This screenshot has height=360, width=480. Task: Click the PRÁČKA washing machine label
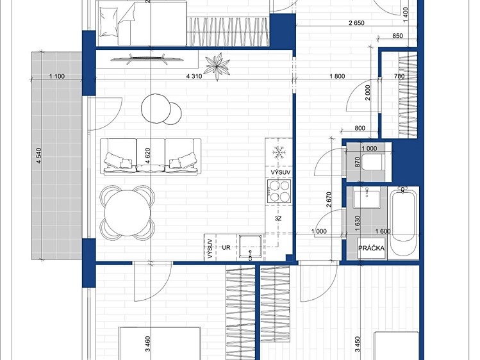click(x=371, y=248)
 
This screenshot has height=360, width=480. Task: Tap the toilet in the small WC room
click(x=372, y=161)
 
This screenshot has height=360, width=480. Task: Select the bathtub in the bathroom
click(x=404, y=223)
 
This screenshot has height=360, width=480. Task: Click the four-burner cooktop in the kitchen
click(x=279, y=191)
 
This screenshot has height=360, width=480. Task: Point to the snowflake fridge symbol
click(x=279, y=152)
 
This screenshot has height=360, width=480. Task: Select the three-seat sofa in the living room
click(x=151, y=156)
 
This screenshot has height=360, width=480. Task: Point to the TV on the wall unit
click(x=147, y=59)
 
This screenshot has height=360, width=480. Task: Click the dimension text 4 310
click(x=194, y=76)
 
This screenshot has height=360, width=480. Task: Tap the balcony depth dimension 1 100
click(x=57, y=76)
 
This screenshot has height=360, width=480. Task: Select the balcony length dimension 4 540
click(x=39, y=156)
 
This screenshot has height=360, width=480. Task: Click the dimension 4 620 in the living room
click(x=147, y=156)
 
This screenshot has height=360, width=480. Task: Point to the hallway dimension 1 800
click(x=337, y=76)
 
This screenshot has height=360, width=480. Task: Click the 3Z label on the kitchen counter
click(x=278, y=218)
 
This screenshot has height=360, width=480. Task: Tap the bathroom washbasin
click(x=367, y=199)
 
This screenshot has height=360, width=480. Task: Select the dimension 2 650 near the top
click(x=356, y=22)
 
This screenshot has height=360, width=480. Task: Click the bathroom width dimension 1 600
click(x=383, y=231)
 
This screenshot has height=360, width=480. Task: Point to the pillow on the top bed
click(x=108, y=22)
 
